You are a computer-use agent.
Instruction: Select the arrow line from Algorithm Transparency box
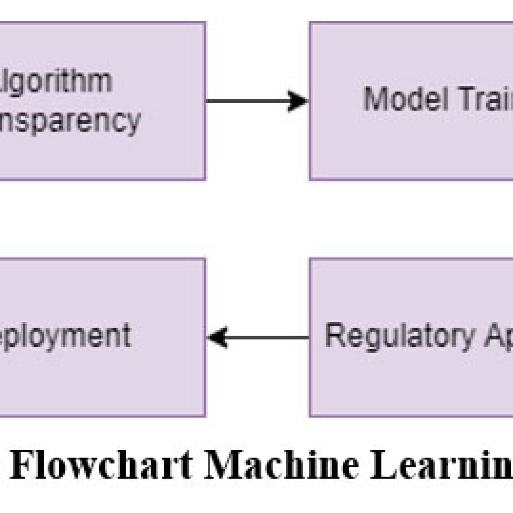[247, 101]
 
